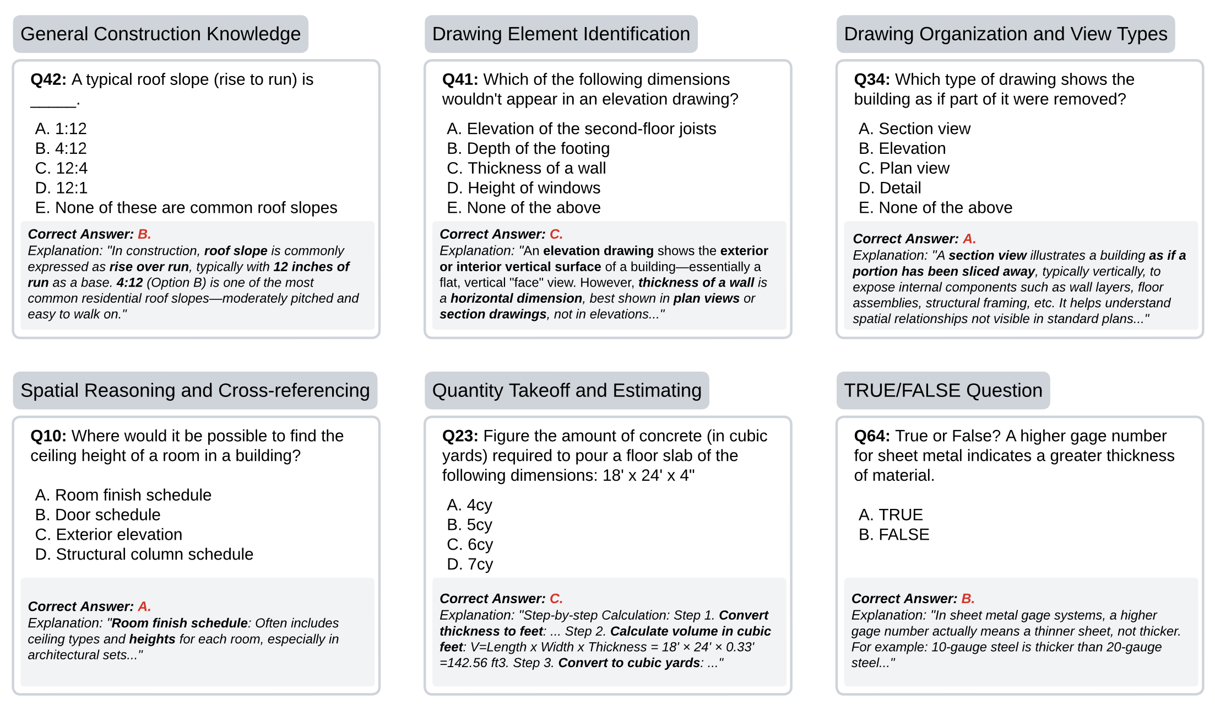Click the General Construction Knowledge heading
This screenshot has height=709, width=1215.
click(160, 34)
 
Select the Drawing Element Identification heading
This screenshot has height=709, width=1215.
click(561, 34)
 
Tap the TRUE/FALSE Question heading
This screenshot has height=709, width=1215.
click(943, 390)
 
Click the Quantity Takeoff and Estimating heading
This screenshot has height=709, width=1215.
click(567, 390)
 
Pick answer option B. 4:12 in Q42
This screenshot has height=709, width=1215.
click(61, 148)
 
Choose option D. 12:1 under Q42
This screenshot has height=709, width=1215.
click(61, 188)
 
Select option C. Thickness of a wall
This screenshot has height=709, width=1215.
click(526, 168)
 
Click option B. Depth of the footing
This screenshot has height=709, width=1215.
click(528, 148)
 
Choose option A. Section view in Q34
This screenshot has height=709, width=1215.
click(914, 128)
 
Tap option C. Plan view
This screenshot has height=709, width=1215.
click(904, 168)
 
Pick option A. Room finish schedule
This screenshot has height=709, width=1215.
click(123, 495)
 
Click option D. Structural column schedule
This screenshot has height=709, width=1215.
click(144, 554)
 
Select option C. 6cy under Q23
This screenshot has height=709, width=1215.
click(470, 545)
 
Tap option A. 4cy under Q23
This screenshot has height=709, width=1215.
click(470, 505)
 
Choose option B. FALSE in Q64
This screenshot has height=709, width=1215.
click(894, 535)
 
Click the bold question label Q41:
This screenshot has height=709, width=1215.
click(460, 79)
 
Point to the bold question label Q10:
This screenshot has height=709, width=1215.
click(48, 436)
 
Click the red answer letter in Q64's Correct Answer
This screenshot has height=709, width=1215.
click(968, 599)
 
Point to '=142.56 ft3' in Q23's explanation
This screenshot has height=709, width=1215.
click(473, 663)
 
